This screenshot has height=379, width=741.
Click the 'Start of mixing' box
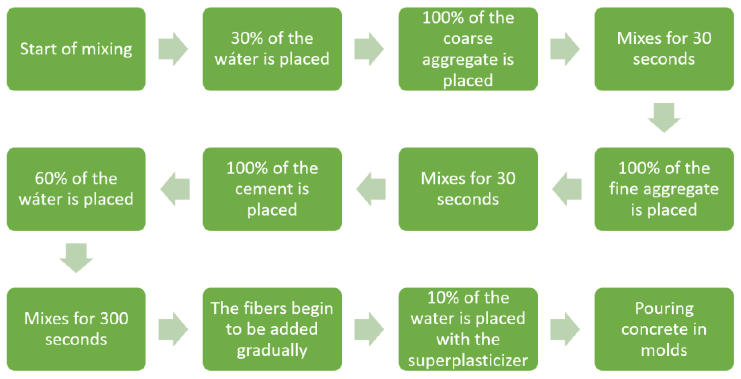[x=76, y=49]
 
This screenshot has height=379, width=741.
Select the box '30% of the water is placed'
[x=272, y=49]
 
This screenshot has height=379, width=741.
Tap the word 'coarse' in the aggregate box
[x=468, y=38]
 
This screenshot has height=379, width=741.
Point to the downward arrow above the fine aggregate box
[x=664, y=118]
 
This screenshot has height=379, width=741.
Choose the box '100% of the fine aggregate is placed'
[x=664, y=189]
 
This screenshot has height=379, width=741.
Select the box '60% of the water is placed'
[x=76, y=189]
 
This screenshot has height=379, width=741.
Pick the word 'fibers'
[x=265, y=308]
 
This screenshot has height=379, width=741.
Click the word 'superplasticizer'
[x=468, y=360]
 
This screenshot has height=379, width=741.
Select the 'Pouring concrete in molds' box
[x=664, y=329]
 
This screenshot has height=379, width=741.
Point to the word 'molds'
[x=664, y=350]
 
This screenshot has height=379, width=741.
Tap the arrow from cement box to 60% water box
[x=175, y=189]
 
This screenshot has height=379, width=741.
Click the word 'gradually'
[x=272, y=350]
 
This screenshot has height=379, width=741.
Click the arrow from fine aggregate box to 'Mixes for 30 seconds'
[x=567, y=189]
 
